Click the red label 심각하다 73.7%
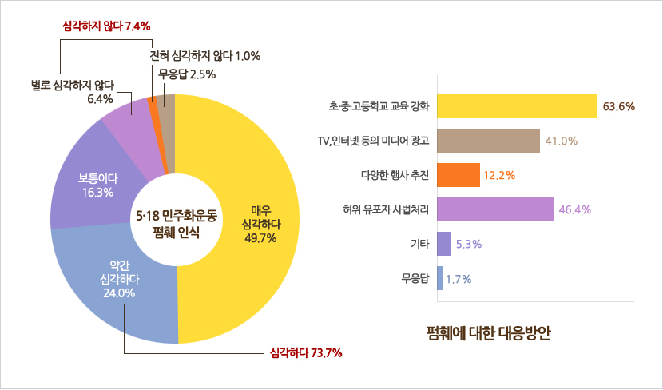pos(306,352)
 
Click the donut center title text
pos(176,224)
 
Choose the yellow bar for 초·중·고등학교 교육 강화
pos(518,106)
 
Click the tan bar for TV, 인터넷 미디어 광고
pos(489,141)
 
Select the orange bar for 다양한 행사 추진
pos(459,175)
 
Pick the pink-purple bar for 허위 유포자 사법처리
pos(496,209)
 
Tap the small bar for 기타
pos(444,244)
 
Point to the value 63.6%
pos(619,106)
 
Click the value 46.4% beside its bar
pos(575,210)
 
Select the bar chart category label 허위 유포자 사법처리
pos(386,210)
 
